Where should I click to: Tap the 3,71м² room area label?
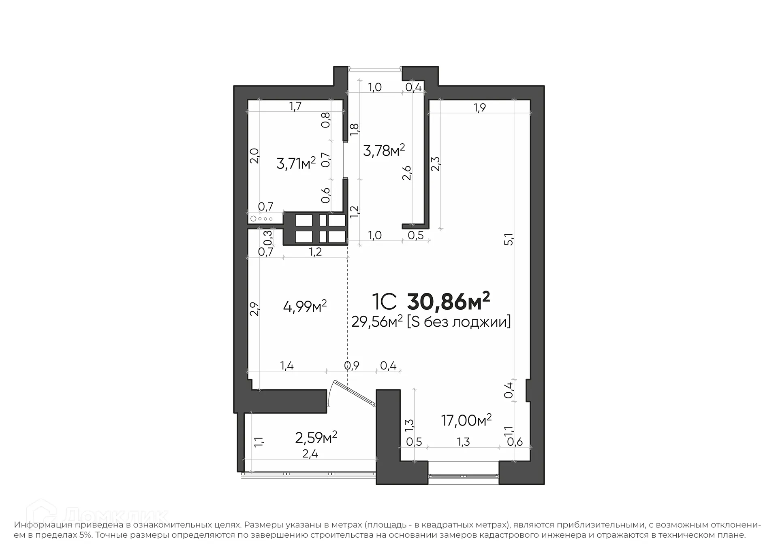pos(296,164)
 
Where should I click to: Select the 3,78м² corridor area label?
pos(384,151)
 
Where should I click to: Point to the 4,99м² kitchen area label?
pos(305,306)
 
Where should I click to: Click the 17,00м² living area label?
pos(466,420)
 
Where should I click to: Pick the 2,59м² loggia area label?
pos(316,437)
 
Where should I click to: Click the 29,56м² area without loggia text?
pos(377,322)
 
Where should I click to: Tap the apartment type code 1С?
pos(383,302)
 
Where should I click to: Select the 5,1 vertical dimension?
pos(509,239)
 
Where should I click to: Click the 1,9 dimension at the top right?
pos(479,108)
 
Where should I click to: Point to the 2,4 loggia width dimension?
pos(310,454)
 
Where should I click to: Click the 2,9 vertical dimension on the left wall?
pos(254,309)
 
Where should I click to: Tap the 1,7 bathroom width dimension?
pos(295,106)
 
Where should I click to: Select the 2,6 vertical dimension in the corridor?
pos(407,173)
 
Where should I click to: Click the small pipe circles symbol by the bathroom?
pos(262,219)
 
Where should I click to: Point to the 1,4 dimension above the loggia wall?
pos(286,366)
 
